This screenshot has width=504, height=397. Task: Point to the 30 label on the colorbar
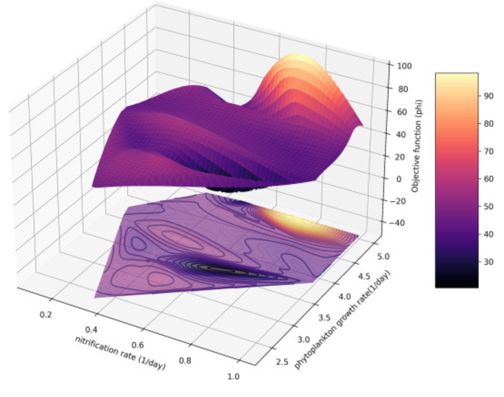[x=488, y=262]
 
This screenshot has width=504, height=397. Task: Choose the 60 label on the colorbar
[x=488, y=179]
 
